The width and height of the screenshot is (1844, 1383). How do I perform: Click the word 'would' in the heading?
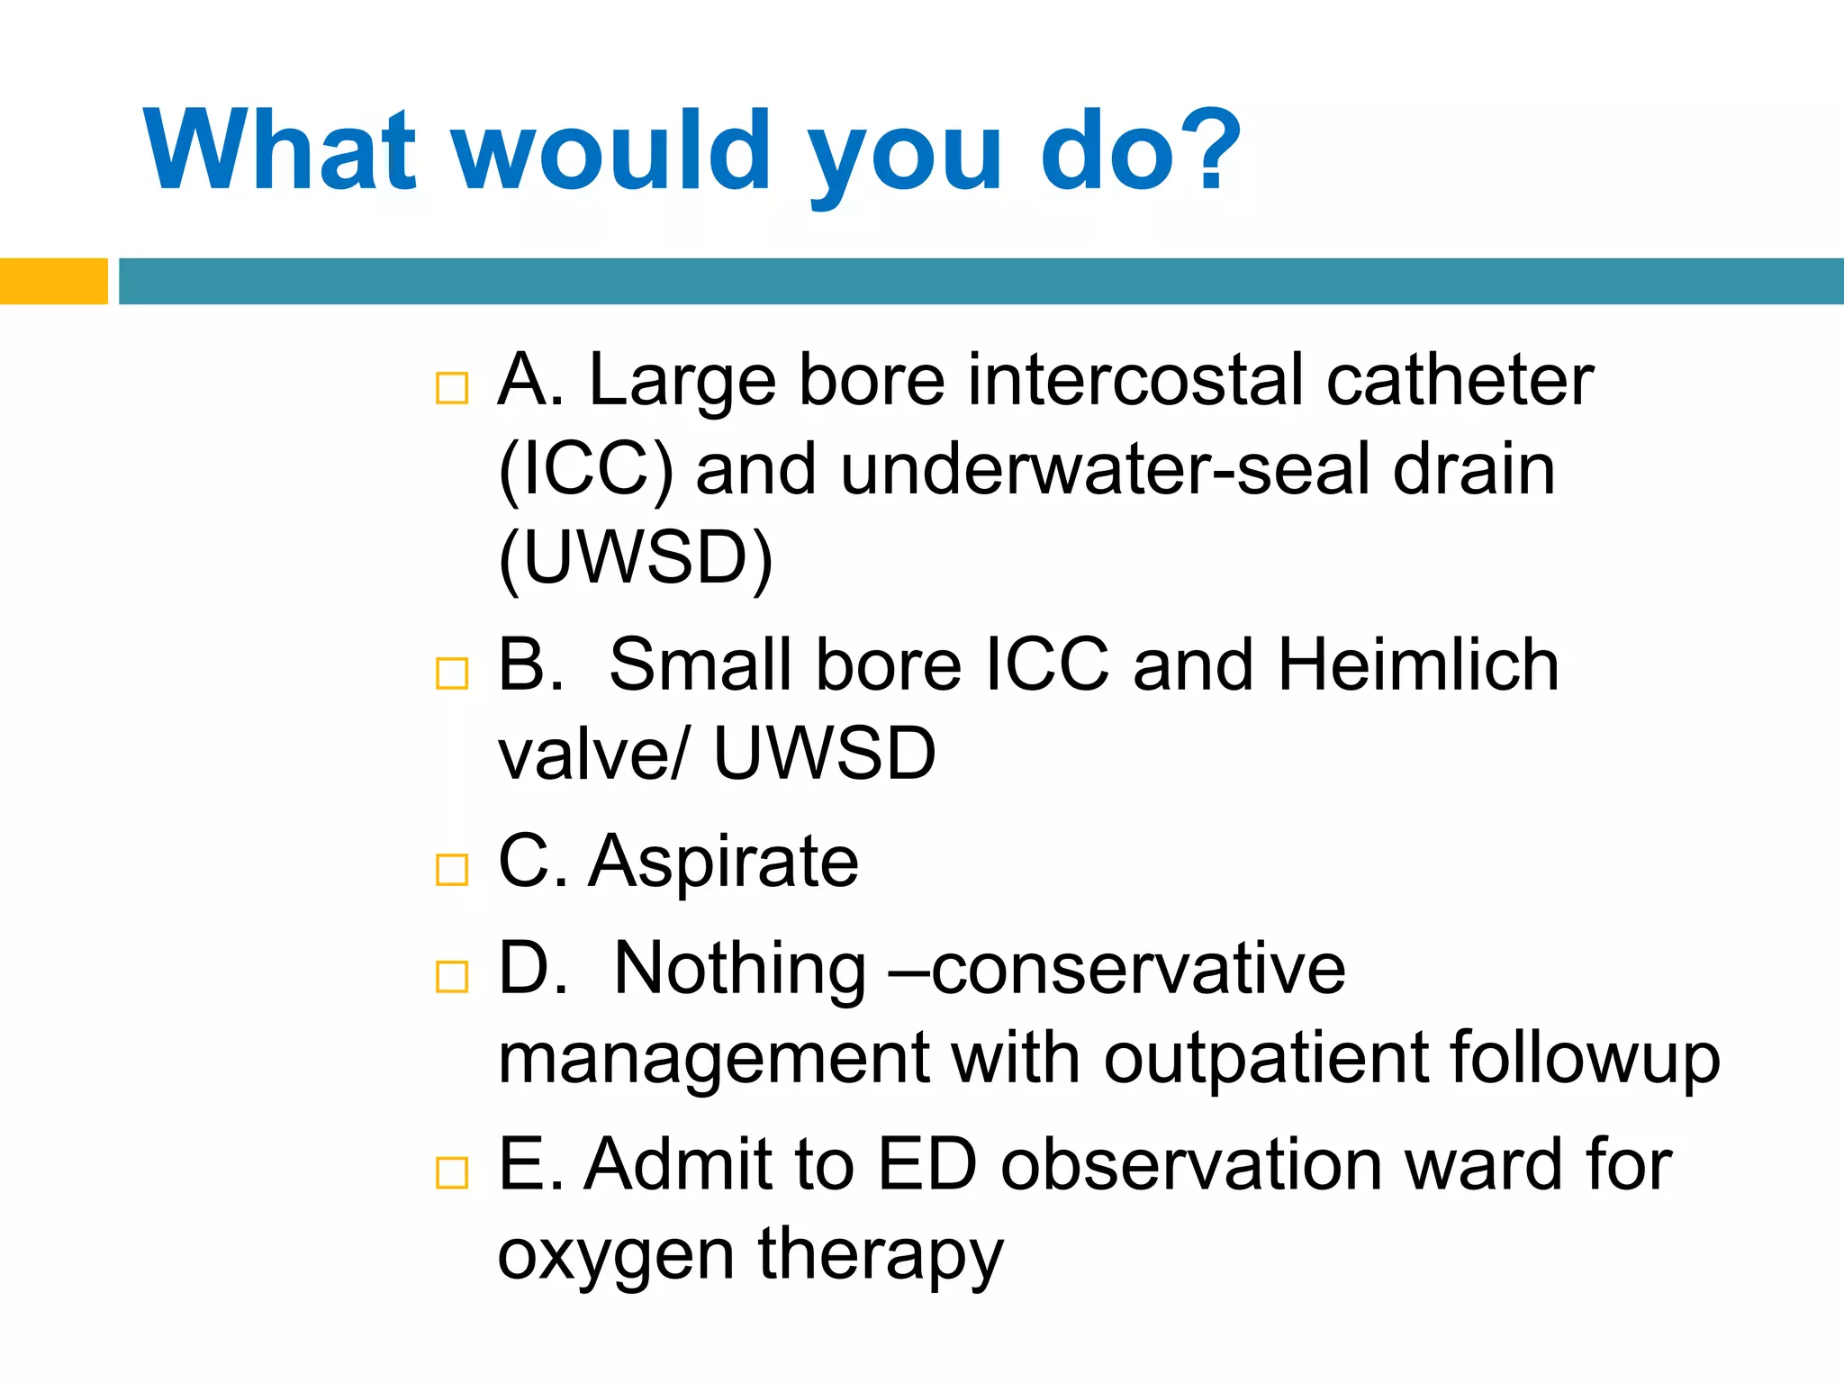611,150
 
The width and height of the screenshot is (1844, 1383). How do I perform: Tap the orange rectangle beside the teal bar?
53,281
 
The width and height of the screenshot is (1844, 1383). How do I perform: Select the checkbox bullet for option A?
451,388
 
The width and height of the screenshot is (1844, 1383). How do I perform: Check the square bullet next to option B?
451,673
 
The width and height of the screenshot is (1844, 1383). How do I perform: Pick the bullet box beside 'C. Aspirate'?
451,870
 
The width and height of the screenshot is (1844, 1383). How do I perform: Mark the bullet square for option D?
451,976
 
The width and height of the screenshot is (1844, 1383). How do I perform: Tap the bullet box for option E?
451,1172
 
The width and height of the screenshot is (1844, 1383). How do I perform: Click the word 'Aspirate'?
724,862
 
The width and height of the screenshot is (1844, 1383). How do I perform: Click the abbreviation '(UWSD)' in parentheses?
636,558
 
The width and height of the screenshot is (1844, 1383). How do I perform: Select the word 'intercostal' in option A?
1135,380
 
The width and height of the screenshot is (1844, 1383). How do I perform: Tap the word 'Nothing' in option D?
739,969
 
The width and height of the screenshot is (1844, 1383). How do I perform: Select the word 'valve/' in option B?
594,754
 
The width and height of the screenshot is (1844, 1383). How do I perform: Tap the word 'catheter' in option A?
1460,380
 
